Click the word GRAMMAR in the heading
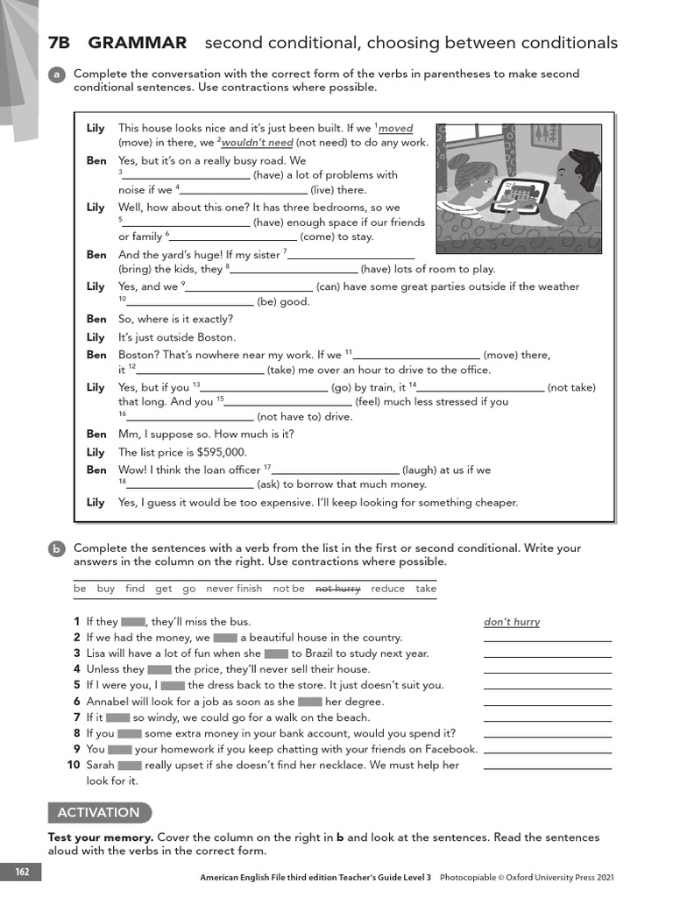click(x=138, y=43)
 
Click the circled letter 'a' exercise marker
click(x=56, y=75)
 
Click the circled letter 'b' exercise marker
click(x=56, y=549)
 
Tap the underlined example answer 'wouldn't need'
click(x=257, y=143)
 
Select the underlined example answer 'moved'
click(x=395, y=129)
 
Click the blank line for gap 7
click(x=351, y=255)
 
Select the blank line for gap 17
click(x=336, y=470)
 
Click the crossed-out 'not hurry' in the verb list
click(x=337, y=590)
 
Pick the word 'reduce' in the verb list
click(x=387, y=590)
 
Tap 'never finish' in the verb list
click(x=234, y=590)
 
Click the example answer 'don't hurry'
click(x=512, y=622)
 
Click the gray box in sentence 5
click(x=173, y=686)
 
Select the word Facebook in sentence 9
click(x=450, y=750)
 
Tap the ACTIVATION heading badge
click(x=99, y=812)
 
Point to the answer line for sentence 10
click(x=547, y=766)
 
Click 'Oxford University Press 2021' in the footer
click(x=553, y=877)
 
